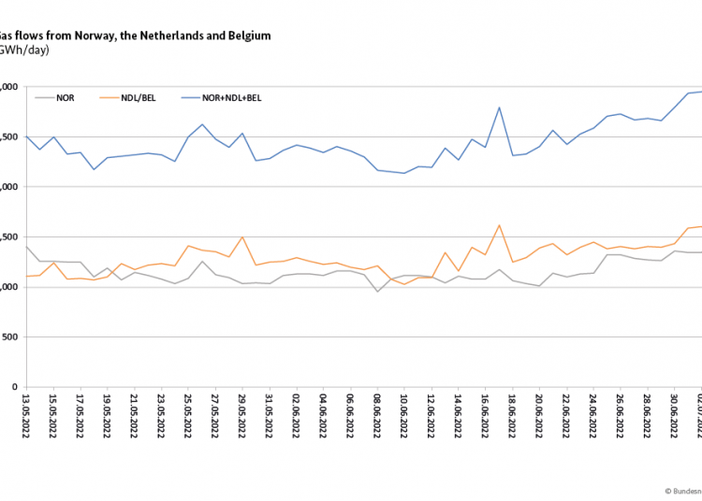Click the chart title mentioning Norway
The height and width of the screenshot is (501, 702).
(136, 36)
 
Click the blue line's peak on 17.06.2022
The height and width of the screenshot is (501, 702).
(499, 107)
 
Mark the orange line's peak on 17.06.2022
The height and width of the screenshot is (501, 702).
(499, 225)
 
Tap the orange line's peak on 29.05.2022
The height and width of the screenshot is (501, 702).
(241, 237)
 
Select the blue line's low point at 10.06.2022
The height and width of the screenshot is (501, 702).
(404, 173)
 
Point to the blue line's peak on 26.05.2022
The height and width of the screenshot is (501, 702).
(201, 124)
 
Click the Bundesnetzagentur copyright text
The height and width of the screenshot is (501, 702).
(682, 489)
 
